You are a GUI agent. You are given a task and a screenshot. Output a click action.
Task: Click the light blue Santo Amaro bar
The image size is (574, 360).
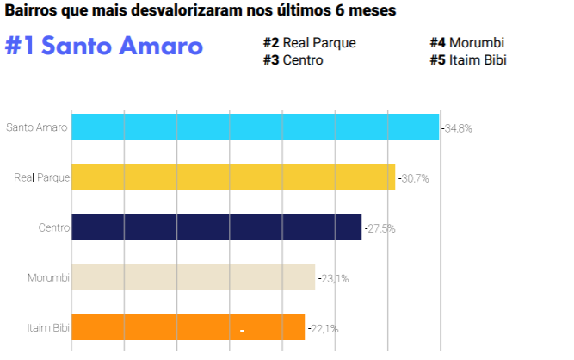[x=255, y=127]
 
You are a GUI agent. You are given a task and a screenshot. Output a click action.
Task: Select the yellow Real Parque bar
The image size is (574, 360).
[x=232, y=177]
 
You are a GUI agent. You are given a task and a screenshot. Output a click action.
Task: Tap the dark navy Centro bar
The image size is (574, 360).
[x=216, y=227]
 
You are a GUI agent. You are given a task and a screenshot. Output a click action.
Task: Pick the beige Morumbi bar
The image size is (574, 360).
[x=193, y=277]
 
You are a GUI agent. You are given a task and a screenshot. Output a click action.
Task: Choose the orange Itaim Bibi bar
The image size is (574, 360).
[x=188, y=327]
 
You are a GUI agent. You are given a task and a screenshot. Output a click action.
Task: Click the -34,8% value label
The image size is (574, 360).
[x=457, y=128]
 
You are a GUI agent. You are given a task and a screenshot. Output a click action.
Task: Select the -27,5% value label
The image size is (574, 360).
[x=380, y=228]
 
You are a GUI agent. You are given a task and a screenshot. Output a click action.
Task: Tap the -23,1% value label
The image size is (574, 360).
[x=333, y=278]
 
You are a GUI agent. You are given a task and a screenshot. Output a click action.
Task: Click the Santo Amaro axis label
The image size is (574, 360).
[x=37, y=128]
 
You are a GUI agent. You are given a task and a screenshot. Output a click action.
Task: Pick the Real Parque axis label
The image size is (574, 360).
[x=41, y=178]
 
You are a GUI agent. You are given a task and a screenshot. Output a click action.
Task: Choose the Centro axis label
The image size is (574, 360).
[x=53, y=228]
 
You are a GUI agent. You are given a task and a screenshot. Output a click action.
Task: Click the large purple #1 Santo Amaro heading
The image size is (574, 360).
[x=104, y=47]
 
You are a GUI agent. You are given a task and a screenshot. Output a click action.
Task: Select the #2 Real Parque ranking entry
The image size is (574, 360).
[x=309, y=42]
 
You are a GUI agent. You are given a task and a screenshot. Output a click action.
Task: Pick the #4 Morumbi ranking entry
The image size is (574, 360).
[x=466, y=42]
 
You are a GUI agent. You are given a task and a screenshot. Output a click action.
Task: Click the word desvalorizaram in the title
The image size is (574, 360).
[x=181, y=11]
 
